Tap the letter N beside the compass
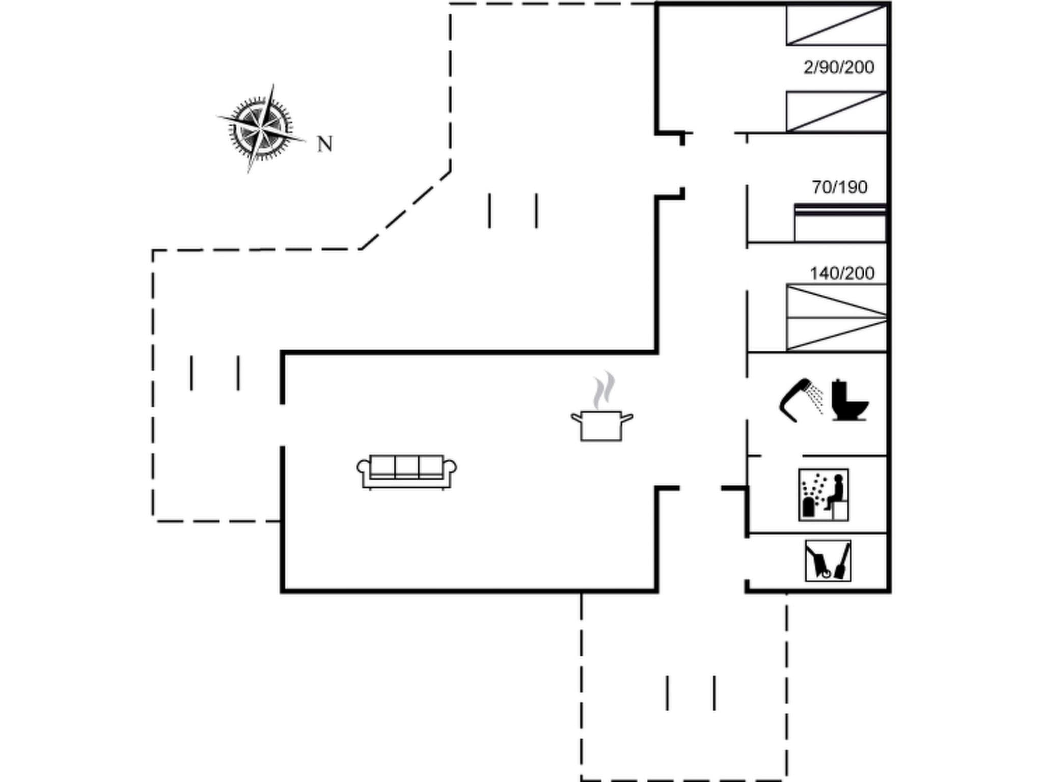pyautogui.click(x=325, y=145)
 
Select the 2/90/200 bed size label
pyautogui.click(x=839, y=67)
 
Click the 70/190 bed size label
pyautogui.click(x=839, y=187)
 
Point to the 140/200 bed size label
pyautogui.click(x=842, y=273)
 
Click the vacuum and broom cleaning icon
pyautogui.click(x=828, y=561)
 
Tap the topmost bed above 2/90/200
pyautogui.click(x=836, y=25)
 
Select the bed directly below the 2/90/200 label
pyautogui.click(x=836, y=111)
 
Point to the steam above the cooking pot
pyautogui.click(x=604, y=390)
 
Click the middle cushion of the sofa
pyautogui.click(x=406, y=466)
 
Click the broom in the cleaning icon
pyautogui.click(x=843, y=563)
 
